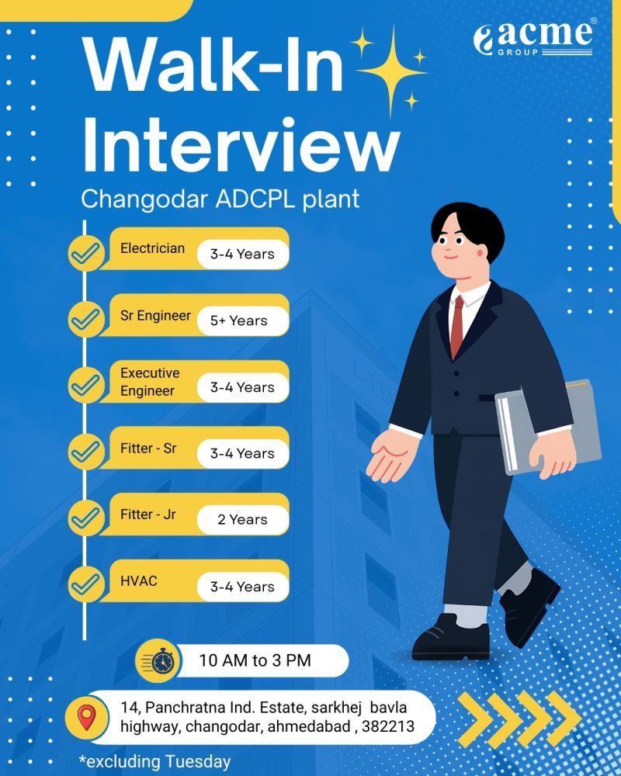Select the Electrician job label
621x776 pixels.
(152, 248)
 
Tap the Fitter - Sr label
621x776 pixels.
(148, 449)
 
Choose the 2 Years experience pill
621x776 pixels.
(242, 520)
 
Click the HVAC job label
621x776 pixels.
(139, 580)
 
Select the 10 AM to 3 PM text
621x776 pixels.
(255, 661)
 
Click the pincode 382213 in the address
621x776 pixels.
(388, 727)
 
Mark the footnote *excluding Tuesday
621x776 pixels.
(154, 762)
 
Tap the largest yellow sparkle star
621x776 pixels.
(391, 65)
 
